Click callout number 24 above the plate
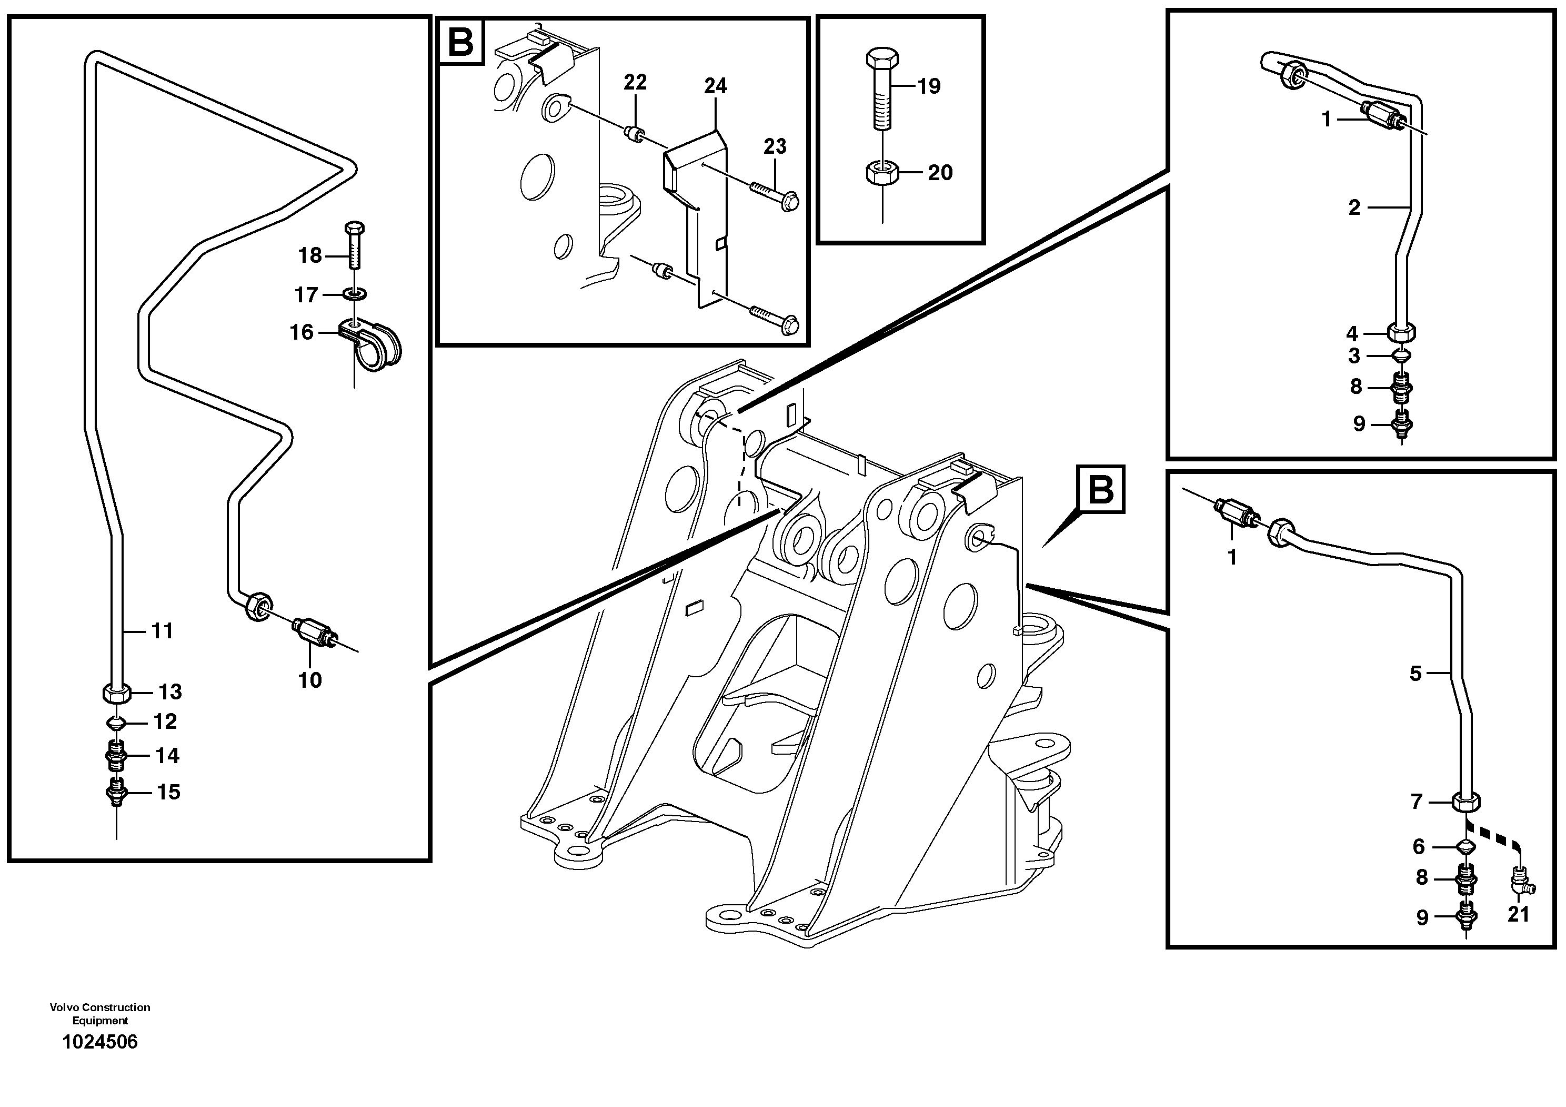click(716, 86)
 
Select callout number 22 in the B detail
click(635, 83)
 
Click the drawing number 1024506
click(99, 1042)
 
